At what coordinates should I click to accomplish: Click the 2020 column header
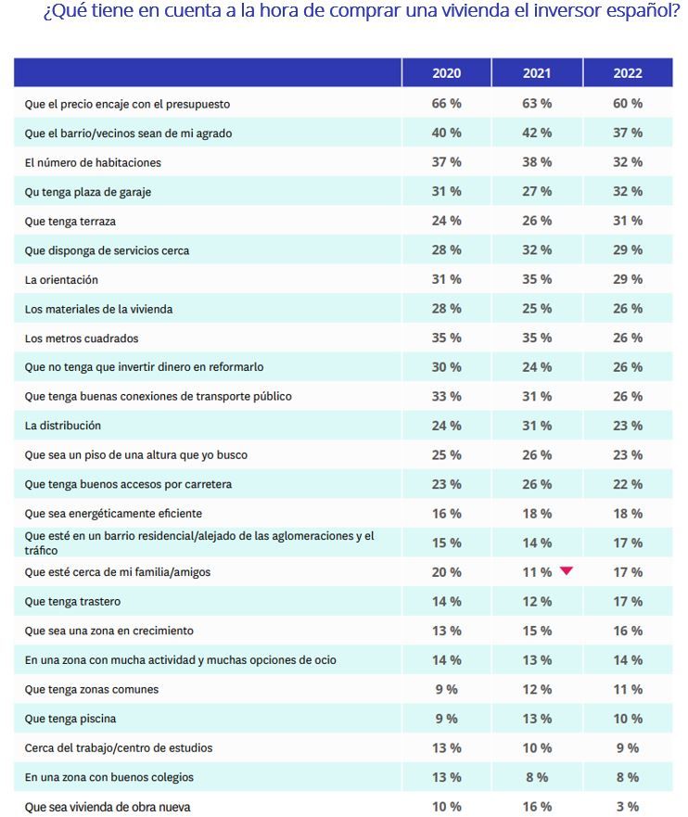coord(446,73)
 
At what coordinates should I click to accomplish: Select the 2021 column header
coord(537,73)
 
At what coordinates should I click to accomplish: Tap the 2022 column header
coord(628,73)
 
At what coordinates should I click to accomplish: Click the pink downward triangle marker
coord(567,570)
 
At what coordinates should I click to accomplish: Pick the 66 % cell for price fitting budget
coord(446,103)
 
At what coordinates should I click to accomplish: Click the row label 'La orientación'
coord(61,280)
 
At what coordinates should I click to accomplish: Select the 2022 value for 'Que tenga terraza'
coord(628,221)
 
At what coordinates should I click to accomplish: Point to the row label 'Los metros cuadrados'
coord(82,338)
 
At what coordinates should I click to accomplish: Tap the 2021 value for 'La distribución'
coord(537,426)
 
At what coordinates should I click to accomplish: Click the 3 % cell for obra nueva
coord(628,806)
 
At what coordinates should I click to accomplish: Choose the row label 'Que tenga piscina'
coord(70,719)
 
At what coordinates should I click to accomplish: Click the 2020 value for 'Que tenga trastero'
coord(446,601)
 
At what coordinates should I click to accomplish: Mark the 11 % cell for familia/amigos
coord(537,572)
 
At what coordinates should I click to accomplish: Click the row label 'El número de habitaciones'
coord(93,162)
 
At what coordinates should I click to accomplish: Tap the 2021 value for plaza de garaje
coord(537,192)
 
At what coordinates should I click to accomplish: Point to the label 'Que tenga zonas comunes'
coord(92,689)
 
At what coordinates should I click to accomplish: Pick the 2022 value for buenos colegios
coord(628,777)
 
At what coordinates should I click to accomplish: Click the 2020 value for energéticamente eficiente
coord(446,514)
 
